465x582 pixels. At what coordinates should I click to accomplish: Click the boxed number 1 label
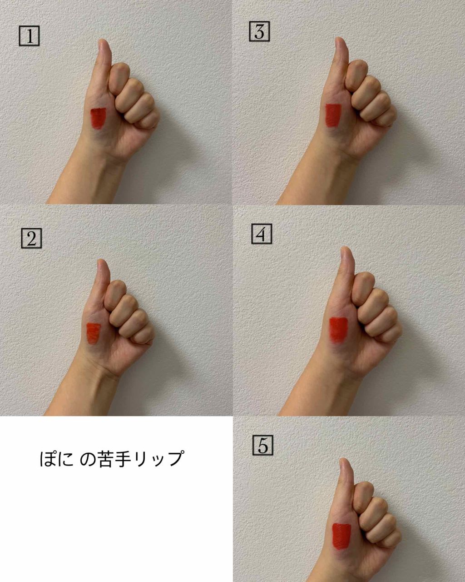click(29, 36)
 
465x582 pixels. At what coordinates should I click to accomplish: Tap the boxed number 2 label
click(31, 238)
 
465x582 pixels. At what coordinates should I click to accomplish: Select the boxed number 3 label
click(259, 31)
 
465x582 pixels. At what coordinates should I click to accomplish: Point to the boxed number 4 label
click(262, 234)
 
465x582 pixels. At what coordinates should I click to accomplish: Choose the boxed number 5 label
click(262, 445)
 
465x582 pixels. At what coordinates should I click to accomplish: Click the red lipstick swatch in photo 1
click(98, 118)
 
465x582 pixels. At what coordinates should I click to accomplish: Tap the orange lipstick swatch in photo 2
click(93, 333)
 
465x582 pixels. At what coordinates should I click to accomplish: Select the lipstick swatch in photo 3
click(333, 115)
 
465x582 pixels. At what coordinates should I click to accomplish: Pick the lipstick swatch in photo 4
click(338, 329)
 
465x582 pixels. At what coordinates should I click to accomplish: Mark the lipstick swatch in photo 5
click(341, 537)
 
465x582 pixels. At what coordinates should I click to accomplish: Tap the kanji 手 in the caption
click(124, 459)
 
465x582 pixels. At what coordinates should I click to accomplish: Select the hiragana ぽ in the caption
click(49, 459)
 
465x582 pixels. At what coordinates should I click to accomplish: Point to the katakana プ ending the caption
click(174, 458)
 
